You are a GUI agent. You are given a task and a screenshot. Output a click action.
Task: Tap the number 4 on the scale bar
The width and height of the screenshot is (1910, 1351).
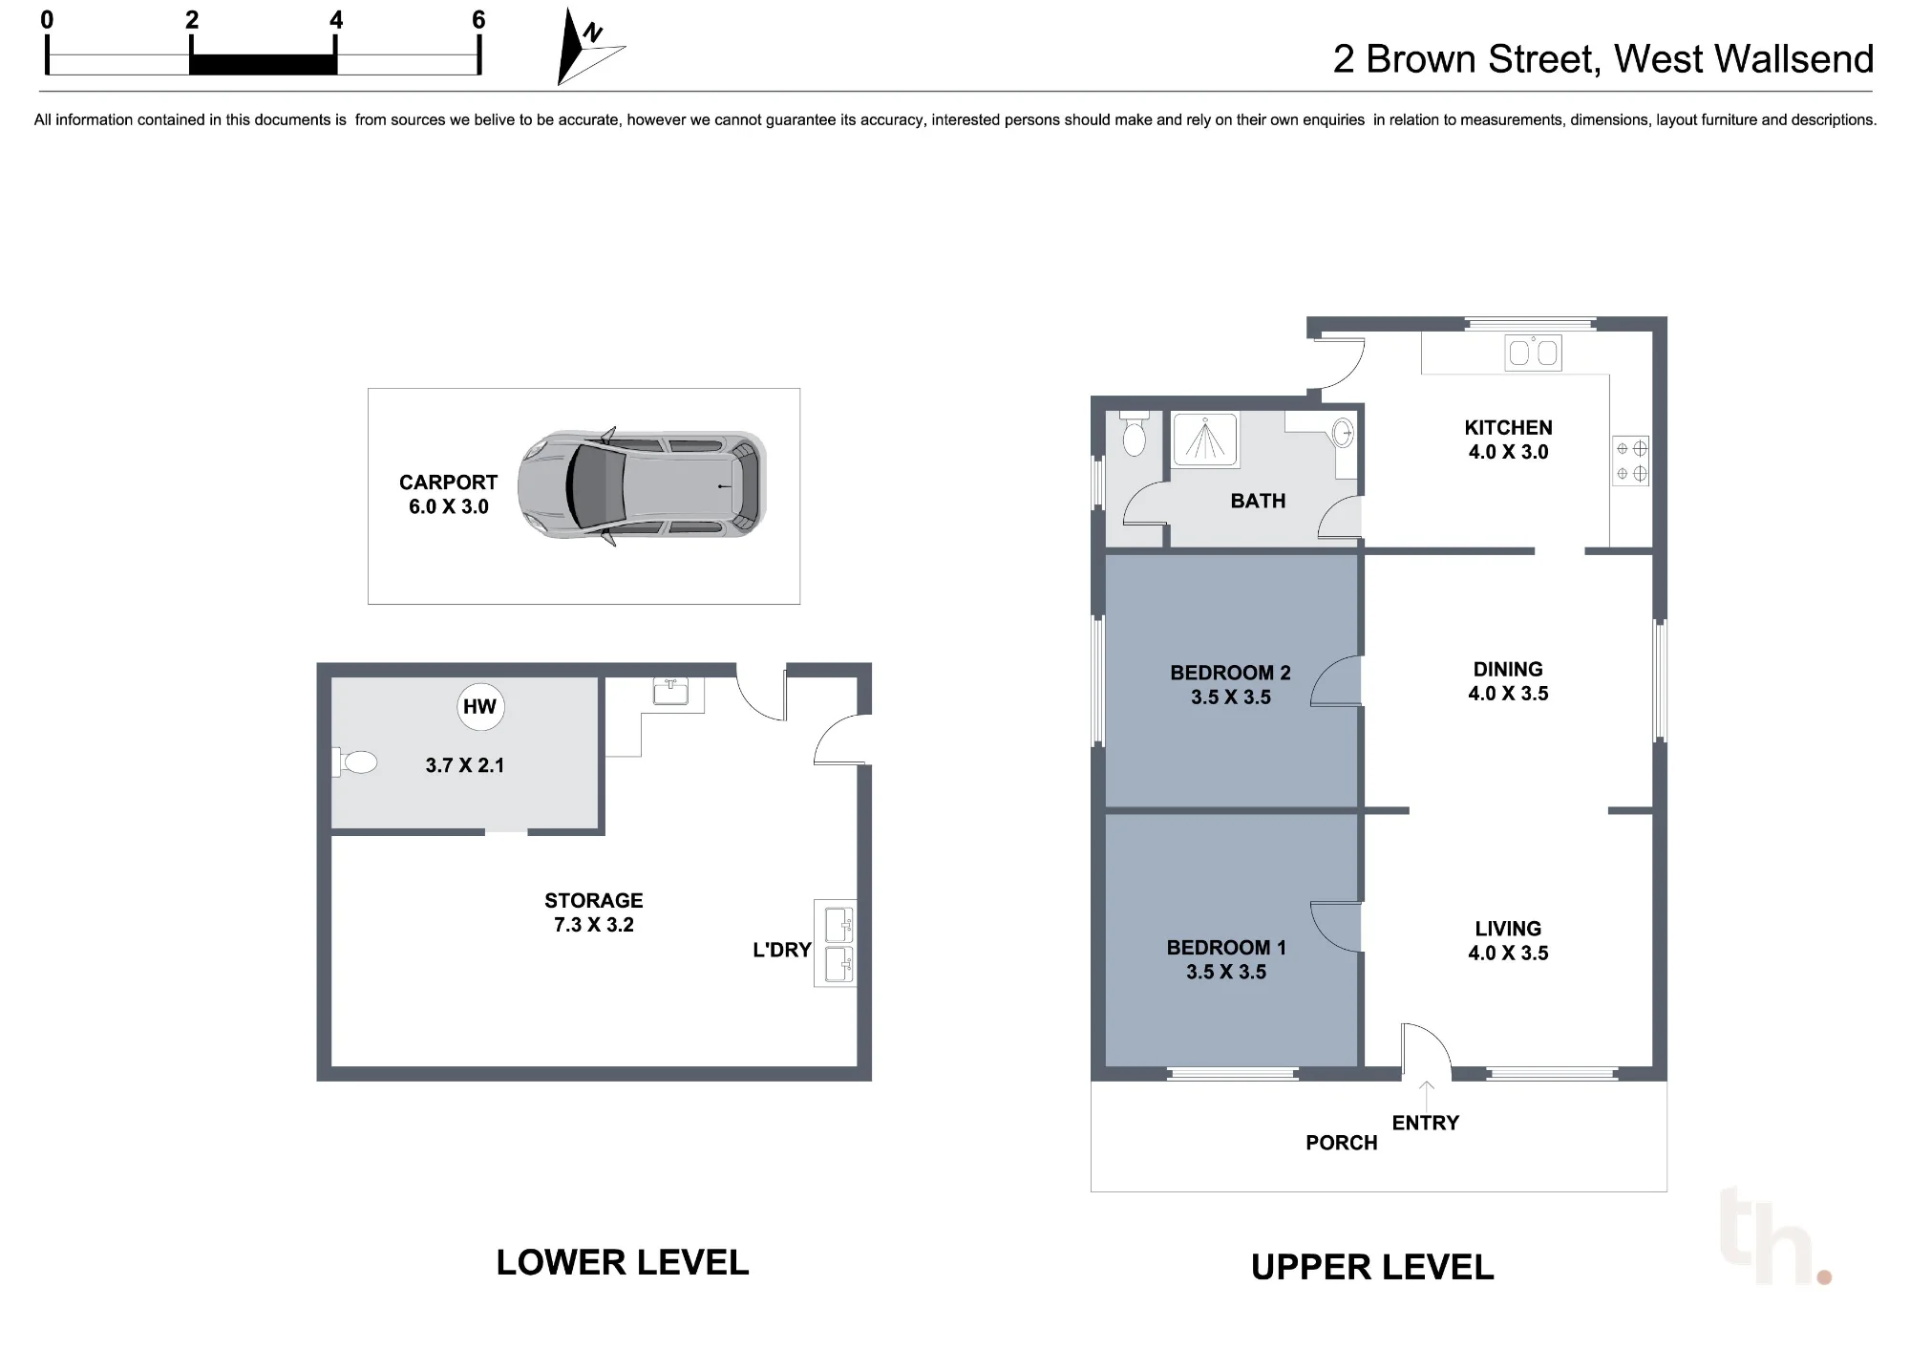(336, 20)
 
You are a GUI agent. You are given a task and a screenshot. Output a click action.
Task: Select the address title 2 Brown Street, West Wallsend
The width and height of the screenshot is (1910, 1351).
(1602, 59)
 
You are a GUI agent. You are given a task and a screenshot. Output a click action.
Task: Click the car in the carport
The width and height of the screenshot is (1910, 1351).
(642, 486)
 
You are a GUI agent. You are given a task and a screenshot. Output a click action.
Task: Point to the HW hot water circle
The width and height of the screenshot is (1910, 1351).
(479, 707)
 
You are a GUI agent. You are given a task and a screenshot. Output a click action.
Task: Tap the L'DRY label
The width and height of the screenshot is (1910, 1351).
(781, 950)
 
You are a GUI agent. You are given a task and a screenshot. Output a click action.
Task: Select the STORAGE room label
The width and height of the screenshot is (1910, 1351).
(594, 901)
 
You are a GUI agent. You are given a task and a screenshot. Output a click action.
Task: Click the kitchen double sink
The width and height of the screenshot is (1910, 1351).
(1533, 353)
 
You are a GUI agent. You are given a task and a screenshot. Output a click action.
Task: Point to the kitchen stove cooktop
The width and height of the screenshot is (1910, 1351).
(1631, 461)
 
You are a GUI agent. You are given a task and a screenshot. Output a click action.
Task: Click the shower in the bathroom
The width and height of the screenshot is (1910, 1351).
(1205, 440)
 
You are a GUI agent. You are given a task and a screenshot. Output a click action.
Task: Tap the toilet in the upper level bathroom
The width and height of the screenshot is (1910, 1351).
(1134, 434)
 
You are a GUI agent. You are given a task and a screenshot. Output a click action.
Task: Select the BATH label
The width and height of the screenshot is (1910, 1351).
(1258, 501)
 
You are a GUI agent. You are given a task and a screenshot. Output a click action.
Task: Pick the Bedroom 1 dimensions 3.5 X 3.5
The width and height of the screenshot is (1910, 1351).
(1226, 972)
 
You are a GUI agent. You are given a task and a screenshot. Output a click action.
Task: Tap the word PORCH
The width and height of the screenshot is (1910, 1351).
(1342, 1143)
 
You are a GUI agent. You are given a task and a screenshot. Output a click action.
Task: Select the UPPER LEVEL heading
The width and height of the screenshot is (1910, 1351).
(1372, 1268)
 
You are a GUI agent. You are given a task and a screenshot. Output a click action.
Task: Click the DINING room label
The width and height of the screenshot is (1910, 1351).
(1508, 670)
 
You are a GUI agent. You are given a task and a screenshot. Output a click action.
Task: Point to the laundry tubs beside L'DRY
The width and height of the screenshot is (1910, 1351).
(836, 944)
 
